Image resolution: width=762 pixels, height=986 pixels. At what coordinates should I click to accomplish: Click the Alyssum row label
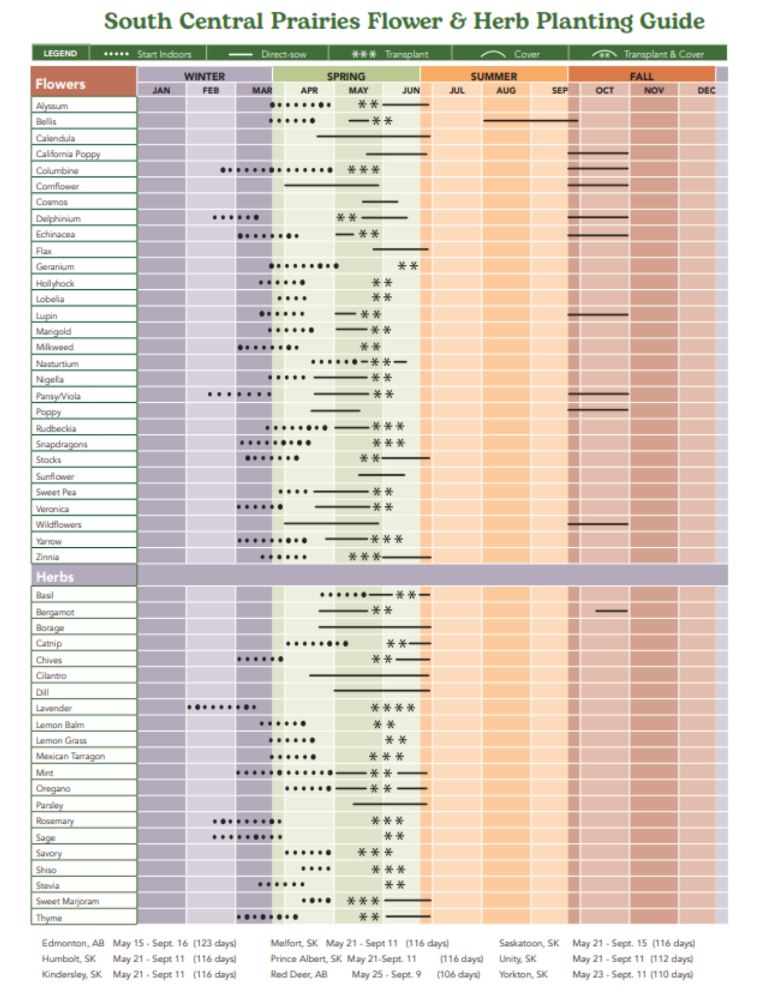(52, 106)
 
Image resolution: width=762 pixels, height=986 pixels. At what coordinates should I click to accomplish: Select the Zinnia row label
(47, 557)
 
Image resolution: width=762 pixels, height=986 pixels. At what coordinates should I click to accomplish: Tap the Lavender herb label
(54, 708)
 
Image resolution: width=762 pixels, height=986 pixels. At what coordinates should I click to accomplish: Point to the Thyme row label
(49, 917)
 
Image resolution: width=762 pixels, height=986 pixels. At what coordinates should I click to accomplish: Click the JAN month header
(161, 90)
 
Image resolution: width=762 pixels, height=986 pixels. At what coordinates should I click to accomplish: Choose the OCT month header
(605, 90)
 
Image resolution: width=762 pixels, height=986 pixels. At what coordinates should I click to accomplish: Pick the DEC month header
(706, 90)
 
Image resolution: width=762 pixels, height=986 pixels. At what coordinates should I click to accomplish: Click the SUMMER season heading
(494, 76)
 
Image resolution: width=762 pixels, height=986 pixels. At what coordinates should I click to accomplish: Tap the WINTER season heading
(204, 76)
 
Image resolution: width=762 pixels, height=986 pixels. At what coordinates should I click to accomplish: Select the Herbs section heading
(55, 577)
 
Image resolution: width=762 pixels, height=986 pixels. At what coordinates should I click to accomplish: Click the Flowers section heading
(60, 84)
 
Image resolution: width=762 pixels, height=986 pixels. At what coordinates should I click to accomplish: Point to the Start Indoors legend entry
(148, 54)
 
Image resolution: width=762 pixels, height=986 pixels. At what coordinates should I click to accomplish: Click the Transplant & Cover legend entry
(648, 54)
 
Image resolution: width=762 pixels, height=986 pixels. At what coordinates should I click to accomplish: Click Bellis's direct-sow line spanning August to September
(530, 120)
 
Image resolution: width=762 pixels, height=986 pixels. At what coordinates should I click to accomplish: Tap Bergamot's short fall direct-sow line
(611, 611)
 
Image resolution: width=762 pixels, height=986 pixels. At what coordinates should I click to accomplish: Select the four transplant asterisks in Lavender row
(393, 708)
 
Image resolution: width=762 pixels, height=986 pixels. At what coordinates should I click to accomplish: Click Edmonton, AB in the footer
(73, 943)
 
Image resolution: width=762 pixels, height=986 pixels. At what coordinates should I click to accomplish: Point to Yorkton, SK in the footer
(523, 974)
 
